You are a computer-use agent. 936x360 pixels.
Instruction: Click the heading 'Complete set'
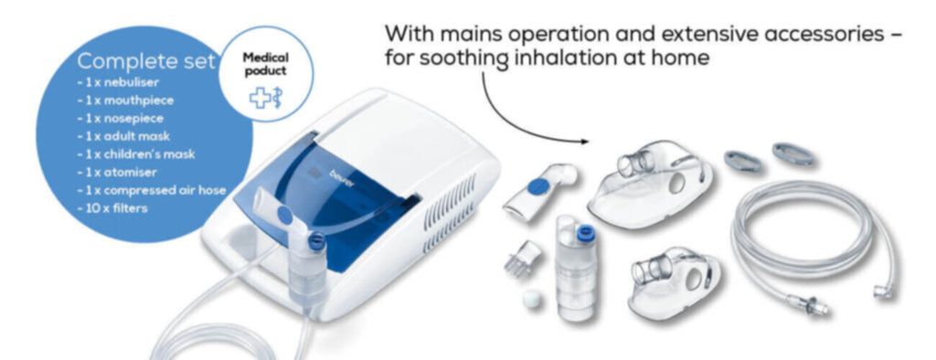click(146, 60)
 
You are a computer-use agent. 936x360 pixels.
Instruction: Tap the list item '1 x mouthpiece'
click(125, 101)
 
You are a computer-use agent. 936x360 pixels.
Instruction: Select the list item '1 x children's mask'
click(136, 154)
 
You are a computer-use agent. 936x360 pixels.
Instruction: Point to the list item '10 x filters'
click(112, 208)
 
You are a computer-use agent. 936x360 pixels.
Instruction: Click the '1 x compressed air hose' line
click(152, 190)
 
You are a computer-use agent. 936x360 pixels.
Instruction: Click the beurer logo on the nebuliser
click(343, 178)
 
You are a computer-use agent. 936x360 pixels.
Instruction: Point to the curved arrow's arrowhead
click(583, 142)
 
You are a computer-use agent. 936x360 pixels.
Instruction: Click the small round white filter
click(531, 299)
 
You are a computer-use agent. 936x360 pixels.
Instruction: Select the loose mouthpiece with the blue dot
click(537, 192)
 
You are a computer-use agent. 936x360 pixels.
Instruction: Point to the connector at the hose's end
click(810, 303)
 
